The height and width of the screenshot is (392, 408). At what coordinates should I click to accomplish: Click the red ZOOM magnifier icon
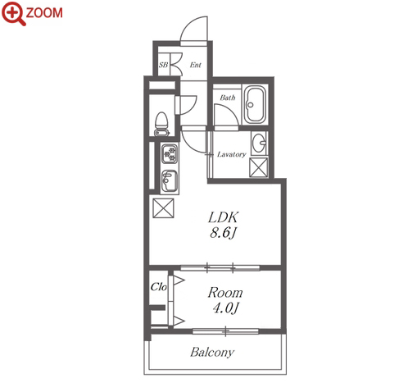(x=13, y=13)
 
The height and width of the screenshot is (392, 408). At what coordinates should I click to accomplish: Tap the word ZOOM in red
(x=44, y=13)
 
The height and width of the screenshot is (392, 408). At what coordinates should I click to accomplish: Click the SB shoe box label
(x=163, y=65)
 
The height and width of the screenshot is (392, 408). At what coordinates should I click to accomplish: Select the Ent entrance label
(x=196, y=65)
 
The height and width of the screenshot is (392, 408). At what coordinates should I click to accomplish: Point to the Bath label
(x=228, y=98)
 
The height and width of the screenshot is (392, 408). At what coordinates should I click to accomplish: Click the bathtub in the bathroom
(x=255, y=105)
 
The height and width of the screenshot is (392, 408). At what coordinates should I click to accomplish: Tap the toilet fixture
(x=161, y=124)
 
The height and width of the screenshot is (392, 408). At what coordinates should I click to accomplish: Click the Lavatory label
(x=232, y=154)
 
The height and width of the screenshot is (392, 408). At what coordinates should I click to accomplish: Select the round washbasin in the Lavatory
(x=259, y=143)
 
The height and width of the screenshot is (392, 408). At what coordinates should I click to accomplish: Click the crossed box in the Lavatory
(x=259, y=166)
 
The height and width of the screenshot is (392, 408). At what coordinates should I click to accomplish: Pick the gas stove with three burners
(x=170, y=154)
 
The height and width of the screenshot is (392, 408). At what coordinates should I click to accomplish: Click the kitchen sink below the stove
(x=170, y=180)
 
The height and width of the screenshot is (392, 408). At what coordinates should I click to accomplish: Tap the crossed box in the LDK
(x=163, y=208)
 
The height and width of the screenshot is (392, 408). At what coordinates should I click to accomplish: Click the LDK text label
(x=224, y=217)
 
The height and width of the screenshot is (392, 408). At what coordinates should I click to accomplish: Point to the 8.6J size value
(x=223, y=233)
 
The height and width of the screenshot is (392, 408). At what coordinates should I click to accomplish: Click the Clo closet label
(x=159, y=287)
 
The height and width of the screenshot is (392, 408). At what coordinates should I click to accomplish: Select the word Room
(x=225, y=293)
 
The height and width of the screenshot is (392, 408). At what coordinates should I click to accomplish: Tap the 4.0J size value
(x=225, y=308)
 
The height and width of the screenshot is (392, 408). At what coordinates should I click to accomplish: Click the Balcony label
(x=212, y=352)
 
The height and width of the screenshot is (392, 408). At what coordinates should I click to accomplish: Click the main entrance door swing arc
(x=188, y=24)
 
